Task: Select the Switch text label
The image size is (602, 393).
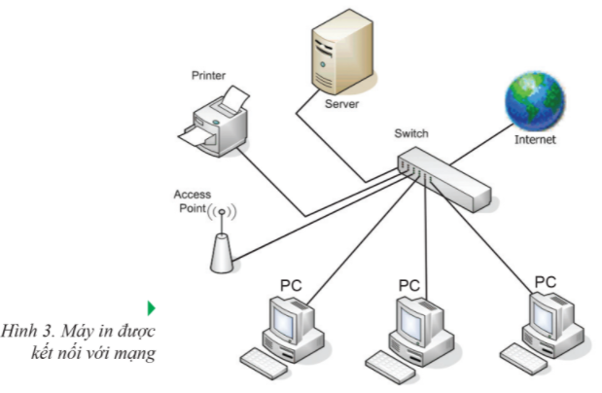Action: click(410, 133)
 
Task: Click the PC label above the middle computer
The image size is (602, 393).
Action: click(408, 286)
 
